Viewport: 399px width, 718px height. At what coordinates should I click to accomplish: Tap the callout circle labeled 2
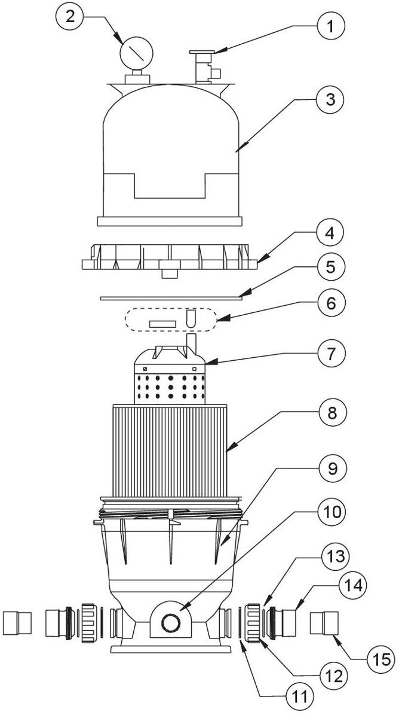click(71, 17)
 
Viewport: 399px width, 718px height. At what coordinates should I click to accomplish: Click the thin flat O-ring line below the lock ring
click(170, 296)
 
